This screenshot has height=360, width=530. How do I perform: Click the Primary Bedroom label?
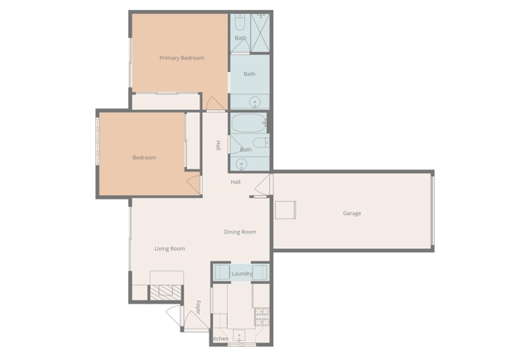point(181,58)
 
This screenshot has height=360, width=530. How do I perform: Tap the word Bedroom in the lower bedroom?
point(144,157)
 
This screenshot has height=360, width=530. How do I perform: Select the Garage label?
point(352,214)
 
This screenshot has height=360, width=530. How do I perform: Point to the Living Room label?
point(170,248)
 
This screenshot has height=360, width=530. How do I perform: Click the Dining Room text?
point(240,232)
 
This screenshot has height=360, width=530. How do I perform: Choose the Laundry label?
point(242,274)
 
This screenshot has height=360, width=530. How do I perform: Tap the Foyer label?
point(199,307)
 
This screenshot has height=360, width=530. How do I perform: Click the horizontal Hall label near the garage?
point(236,182)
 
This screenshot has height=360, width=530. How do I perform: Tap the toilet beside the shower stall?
point(239,22)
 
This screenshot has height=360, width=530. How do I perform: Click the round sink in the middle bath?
point(255,103)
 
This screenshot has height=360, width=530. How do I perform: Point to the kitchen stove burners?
point(262,314)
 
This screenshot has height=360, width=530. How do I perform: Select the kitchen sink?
point(239,336)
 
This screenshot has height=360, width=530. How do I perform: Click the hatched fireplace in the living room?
point(166,291)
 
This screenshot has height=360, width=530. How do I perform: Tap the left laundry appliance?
point(221,272)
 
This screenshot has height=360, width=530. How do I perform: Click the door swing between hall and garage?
point(264,185)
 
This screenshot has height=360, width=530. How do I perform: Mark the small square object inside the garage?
point(286,209)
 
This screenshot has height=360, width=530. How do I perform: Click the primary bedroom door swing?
point(214,104)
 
